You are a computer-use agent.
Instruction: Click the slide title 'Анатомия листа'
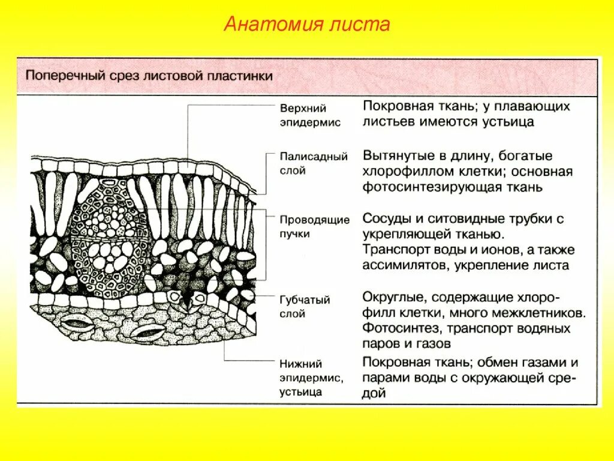click(307, 24)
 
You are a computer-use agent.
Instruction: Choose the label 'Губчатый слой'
click(305, 306)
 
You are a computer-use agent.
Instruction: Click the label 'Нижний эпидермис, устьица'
click(310, 378)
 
